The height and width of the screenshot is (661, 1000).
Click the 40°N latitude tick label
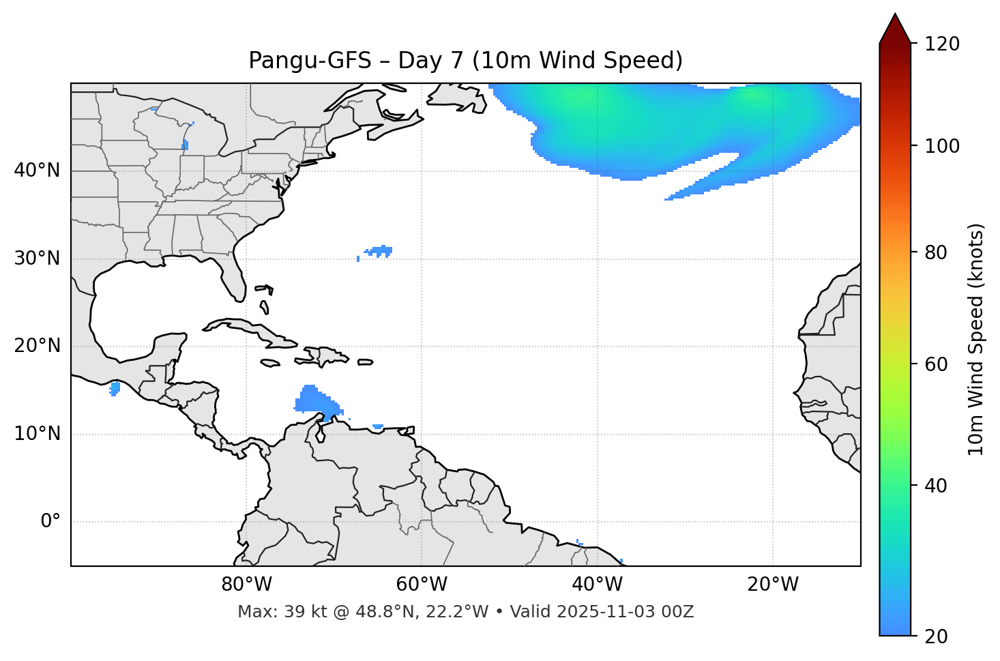pos(37,171)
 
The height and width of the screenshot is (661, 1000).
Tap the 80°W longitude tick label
pos(246,585)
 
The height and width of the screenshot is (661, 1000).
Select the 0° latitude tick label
pos(50,522)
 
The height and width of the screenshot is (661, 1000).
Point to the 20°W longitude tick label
pos(773,585)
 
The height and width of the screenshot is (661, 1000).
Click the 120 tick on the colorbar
pos(942,44)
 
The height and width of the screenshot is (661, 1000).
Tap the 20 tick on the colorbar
pos(937,636)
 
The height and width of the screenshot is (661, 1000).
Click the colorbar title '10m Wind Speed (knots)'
pos(976,339)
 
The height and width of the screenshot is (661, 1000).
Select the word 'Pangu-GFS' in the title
pos(310,61)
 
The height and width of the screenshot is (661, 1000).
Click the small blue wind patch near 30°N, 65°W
pos(379,252)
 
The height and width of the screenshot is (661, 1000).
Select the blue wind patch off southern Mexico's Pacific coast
pos(115,389)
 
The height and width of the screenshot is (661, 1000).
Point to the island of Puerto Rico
pos(365,362)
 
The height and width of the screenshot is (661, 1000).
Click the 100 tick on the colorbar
pos(942,146)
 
